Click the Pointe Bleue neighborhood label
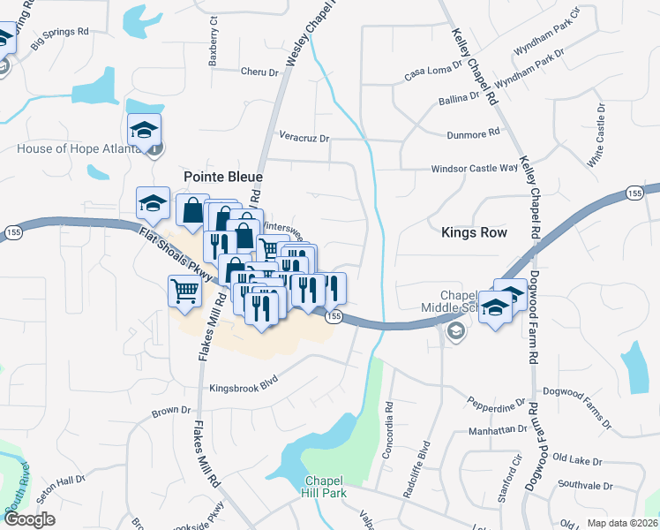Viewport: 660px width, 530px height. pos(222,177)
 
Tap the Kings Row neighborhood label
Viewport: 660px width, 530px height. pos(474,232)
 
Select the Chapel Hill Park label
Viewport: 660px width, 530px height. pos(323,487)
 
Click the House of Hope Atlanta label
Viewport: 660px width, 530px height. pos(79,148)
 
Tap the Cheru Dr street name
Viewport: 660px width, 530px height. pos(259,72)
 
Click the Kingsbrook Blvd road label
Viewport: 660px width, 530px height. pos(244,388)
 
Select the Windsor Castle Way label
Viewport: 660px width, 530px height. pos(474,168)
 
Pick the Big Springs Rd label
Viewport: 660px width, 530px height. pos(60,36)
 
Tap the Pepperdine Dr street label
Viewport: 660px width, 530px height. pos(496,405)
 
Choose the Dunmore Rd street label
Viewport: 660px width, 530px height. pos(472,132)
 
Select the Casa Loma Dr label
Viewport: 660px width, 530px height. pos(433,71)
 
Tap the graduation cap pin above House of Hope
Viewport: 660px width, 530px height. pos(145,130)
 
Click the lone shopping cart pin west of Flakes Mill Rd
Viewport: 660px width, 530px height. pos(184,291)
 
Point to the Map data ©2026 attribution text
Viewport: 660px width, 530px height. pos(621,523)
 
